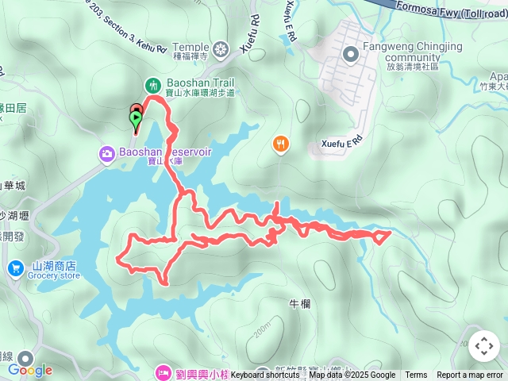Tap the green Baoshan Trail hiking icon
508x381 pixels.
pyautogui.click(x=152, y=85)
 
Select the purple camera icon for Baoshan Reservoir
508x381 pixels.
pyautogui.click(x=106, y=153)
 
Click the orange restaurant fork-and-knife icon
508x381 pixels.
pyautogui.click(x=280, y=144)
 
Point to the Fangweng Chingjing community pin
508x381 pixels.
pyautogui.click(x=350, y=54)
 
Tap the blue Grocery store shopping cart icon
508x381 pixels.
pyautogui.click(x=15, y=270)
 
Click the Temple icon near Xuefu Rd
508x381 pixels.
pyautogui.click(x=221, y=49)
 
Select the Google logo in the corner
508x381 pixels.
pyautogui.click(x=30, y=370)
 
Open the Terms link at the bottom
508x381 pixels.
pyautogui.click(x=416, y=375)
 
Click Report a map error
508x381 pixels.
pyautogui.click(x=470, y=375)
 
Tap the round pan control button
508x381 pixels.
pyautogui.click(x=484, y=346)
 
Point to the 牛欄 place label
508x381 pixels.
pyautogui.click(x=299, y=302)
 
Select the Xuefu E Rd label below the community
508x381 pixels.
pyautogui.click(x=342, y=143)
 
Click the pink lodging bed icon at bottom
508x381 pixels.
pyautogui.click(x=163, y=371)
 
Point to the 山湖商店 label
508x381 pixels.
pyautogui.click(x=55, y=266)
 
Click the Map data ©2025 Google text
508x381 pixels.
pyautogui.click(x=352, y=375)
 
